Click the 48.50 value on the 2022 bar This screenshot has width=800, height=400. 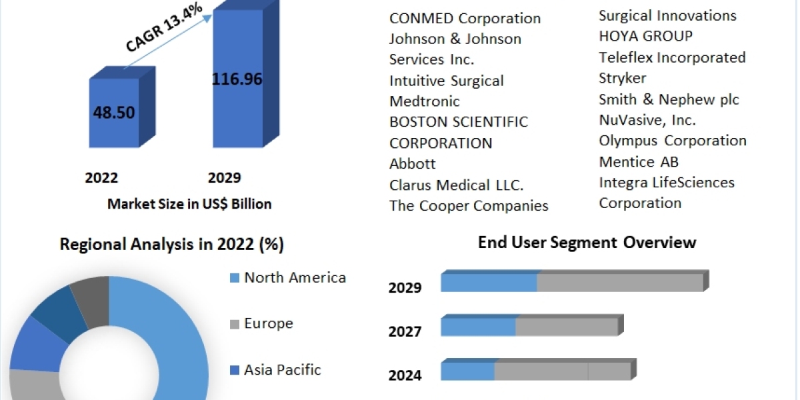click(114, 111)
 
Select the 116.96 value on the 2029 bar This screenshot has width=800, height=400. click(237, 79)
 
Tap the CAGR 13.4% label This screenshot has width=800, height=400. click(164, 28)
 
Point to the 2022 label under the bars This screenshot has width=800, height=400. click(101, 178)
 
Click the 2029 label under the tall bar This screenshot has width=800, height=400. click(225, 178)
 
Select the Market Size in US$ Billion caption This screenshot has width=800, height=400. click(189, 204)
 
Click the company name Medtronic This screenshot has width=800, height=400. click(425, 101)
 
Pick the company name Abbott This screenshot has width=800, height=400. click(413, 164)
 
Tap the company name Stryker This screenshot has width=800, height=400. click(623, 78)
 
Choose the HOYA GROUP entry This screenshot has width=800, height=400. click(645, 36)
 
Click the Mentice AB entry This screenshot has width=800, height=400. click(639, 161)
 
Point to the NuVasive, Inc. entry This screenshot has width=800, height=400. click(647, 120)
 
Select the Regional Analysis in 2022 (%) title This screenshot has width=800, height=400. click(172, 245)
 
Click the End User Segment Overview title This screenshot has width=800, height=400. click(587, 242)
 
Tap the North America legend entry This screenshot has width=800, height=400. click(295, 277)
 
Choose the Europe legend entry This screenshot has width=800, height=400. click(268, 323)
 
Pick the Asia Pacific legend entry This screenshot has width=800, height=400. click(282, 369)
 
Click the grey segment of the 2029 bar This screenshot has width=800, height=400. click(619, 283)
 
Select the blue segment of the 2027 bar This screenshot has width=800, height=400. click(478, 327)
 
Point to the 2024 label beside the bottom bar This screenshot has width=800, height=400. click(405, 375)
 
